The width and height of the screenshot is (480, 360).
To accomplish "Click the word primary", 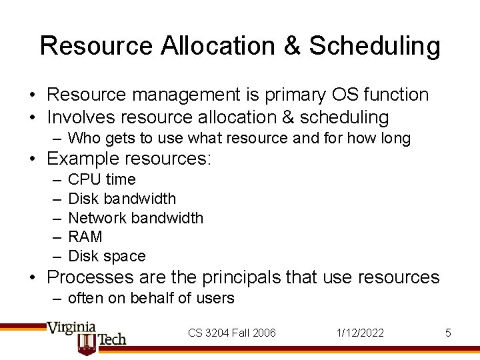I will pyautogui.click(x=292, y=95).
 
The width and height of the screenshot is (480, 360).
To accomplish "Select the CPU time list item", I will pyautogui.click(x=101, y=179).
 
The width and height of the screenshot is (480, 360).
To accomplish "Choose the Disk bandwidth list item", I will pyautogui.click(x=122, y=199).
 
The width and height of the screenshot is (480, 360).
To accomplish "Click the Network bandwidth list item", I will pyautogui.click(x=135, y=218).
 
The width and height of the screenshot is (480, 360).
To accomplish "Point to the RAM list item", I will pyautogui.click(x=85, y=237).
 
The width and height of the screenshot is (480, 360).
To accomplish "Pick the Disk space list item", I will pyautogui.click(x=107, y=256).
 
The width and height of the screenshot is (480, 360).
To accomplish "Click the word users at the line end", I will pyautogui.click(x=217, y=299).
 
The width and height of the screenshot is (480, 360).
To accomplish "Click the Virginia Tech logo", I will pyautogui.click(x=85, y=337).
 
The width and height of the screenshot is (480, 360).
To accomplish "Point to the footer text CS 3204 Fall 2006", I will pyautogui.click(x=231, y=333).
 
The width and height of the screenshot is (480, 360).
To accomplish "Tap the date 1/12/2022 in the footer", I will pyautogui.click(x=360, y=333).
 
